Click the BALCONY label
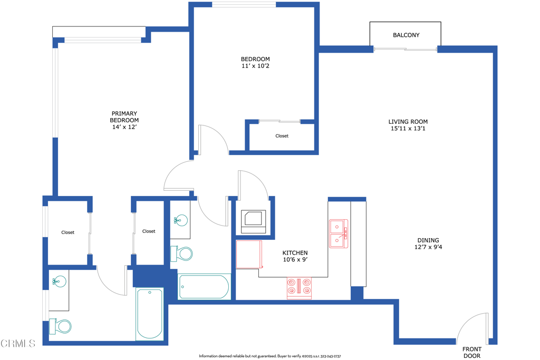(x=406, y=35)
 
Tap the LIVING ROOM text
(x=408, y=122)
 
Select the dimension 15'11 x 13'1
(x=408, y=129)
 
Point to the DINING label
(x=427, y=240)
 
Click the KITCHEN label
(x=295, y=253)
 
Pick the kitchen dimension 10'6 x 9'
(x=295, y=260)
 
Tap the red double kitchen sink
(x=338, y=233)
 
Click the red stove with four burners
(x=299, y=288)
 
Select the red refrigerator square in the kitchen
(x=249, y=255)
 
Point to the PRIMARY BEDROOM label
(x=124, y=117)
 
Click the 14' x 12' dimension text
(x=124, y=127)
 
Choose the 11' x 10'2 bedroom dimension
(x=255, y=66)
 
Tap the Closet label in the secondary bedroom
(x=282, y=136)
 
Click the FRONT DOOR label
(x=472, y=352)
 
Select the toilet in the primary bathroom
(x=61, y=327)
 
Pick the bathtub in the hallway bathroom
(x=205, y=287)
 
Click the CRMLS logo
(x=18, y=344)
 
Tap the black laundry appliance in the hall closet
(x=254, y=221)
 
